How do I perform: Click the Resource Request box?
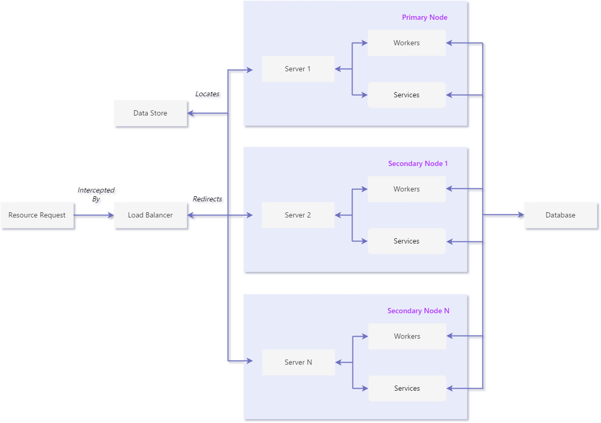pos(37,215)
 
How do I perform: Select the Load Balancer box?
pos(150,215)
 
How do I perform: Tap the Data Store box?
pos(150,113)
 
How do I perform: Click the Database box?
pos(560,215)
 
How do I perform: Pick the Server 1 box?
pos(298,69)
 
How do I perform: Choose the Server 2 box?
pos(298,215)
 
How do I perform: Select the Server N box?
pos(298,362)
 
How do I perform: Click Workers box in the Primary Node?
pos(407,43)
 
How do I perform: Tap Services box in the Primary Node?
pos(407,95)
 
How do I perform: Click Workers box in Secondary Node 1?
pos(407,189)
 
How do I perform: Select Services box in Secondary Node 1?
pos(407,241)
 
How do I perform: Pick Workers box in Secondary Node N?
pos(407,336)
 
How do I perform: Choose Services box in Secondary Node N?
pos(407,388)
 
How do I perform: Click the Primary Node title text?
pos(424,17)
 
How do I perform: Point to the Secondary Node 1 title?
pos(418,163)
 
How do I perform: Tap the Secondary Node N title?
pos(418,311)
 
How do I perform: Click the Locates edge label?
pos(207,94)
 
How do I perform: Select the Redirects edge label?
pos(207,199)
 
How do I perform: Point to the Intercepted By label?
pos(96,195)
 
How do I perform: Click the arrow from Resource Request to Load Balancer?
pos(94,215)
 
